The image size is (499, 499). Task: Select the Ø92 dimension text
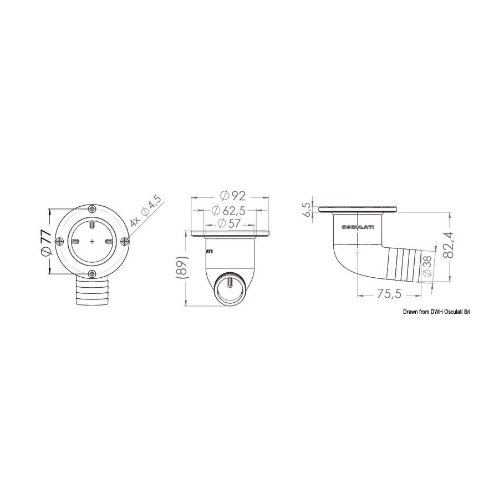[233, 195]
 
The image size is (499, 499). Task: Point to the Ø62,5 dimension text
[228, 210]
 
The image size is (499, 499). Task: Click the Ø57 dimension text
[228, 223]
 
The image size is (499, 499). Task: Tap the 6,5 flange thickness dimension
[307, 210]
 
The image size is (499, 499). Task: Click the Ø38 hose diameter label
[427, 266]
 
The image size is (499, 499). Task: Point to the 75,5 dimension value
[389, 294]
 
